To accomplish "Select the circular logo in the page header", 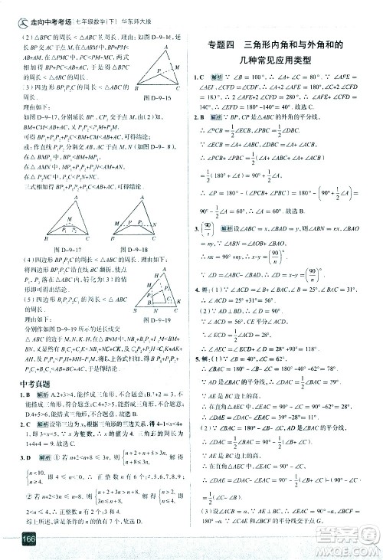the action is [11, 10].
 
